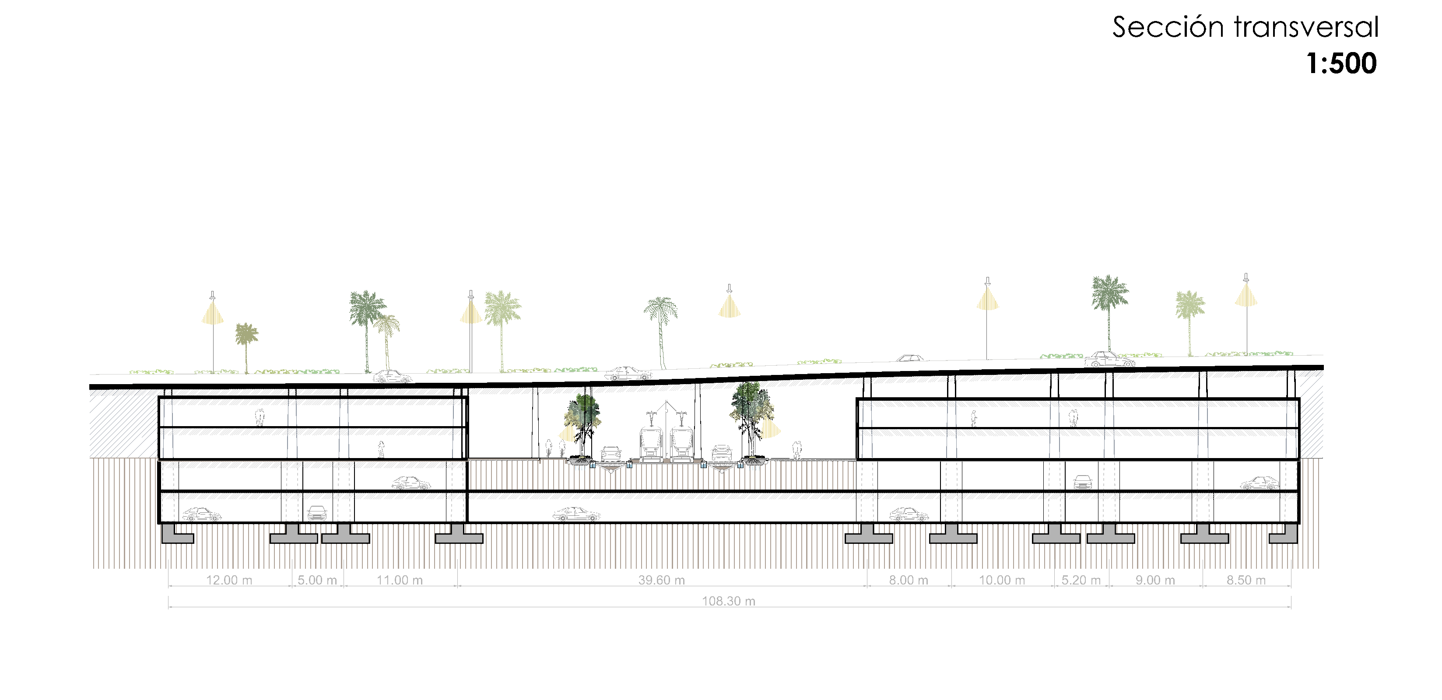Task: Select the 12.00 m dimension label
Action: (x=229, y=580)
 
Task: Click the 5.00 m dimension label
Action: (x=317, y=580)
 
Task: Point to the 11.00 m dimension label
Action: (x=399, y=580)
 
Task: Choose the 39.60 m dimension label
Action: (x=661, y=580)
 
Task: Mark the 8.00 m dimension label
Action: (x=908, y=580)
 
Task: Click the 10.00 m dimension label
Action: (x=1001, y=580)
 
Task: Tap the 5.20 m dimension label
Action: (x=1081, y=580)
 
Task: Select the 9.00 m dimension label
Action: (x=1155, y=580)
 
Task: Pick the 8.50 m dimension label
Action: (x=1246, y=580)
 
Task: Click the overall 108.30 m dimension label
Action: (x=728, y=601)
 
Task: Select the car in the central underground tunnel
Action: (x=576, y=514)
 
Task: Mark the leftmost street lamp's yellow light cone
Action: (x=213, y=313)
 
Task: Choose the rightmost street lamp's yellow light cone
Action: (x=1246, y=295)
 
